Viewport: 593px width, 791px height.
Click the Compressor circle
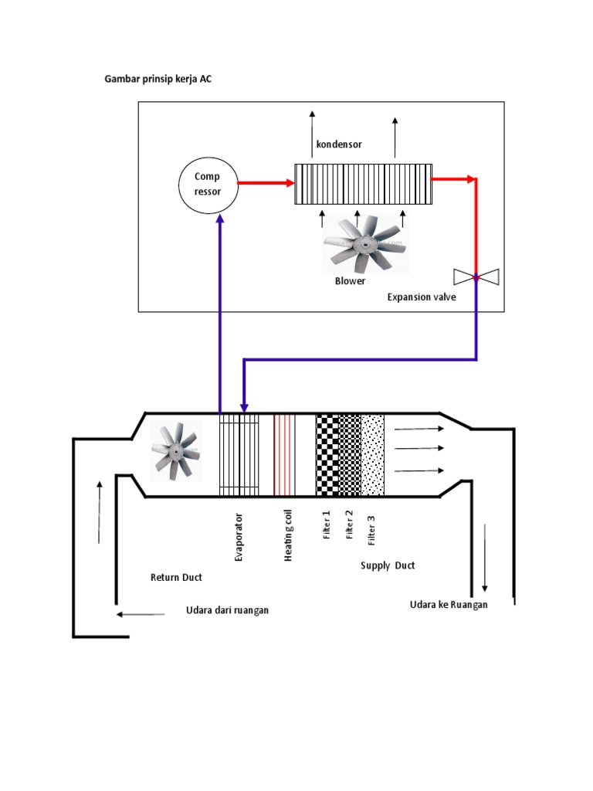click(x=208, y=184)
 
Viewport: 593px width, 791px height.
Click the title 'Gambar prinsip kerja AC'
click(x=158, y=80)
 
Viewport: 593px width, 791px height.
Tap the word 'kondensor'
click(x=338, y=144)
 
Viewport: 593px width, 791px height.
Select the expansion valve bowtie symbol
click(x=476, y=277)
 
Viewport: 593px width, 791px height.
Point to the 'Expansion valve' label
click(x=422, y=297)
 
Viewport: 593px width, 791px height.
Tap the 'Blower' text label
click(x=350, y=281)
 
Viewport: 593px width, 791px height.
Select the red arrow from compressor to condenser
click(x=265, y=183)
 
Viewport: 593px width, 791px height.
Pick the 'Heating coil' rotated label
click(x=288, y=535)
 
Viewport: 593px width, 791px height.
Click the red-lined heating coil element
click(x=285, y=454)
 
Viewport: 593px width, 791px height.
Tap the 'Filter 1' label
click(x=327, y=525)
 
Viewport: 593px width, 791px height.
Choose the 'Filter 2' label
click(x=349, y=525)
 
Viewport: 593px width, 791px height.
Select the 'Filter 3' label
click(x=371, y=533)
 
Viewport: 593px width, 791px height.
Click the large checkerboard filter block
click(x=327, y=454)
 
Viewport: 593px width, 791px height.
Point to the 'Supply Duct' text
click(x=388, y=565)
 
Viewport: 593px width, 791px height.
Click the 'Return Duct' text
click(x=176, y=577)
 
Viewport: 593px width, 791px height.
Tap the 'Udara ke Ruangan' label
click(x=449, y=605)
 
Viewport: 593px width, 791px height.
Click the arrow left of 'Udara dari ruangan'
click(x=141, y=615)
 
